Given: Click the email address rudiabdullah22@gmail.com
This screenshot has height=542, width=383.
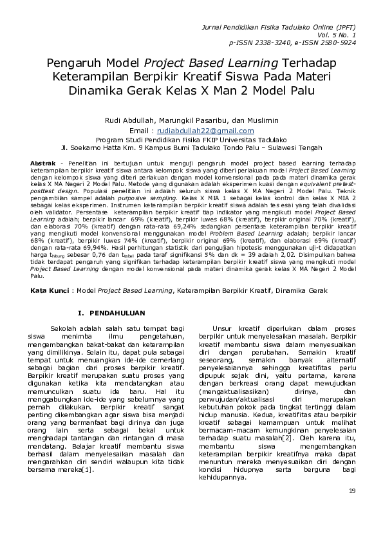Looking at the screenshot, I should click(210, 131).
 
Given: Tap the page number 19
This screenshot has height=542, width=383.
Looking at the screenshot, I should click(351, 492).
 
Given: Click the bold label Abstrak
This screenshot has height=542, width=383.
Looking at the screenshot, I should click(43, 164).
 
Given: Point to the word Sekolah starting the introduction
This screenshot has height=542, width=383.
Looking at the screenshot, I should click(67, 328).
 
